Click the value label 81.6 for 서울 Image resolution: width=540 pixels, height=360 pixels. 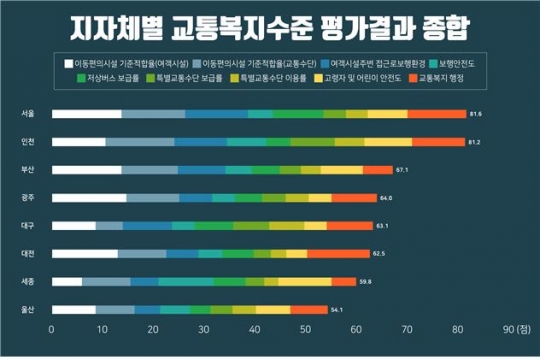point(475,114)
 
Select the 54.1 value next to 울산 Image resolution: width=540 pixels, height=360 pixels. point(336,310)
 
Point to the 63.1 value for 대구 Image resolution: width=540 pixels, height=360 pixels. point(383,226)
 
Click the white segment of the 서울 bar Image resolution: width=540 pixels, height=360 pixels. point(86,114)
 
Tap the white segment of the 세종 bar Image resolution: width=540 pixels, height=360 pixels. point(66,282)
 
